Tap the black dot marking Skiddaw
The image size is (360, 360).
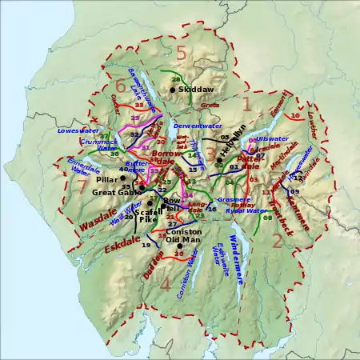click(x=172, y=90)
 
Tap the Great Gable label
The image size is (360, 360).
click(x=116, y=192)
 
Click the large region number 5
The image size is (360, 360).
click(x=181, y=53)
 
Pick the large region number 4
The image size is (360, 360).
click(x=166, y=283)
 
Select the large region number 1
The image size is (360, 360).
click(x=246, y=103)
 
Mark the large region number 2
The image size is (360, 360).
click(x=277, y=239)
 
